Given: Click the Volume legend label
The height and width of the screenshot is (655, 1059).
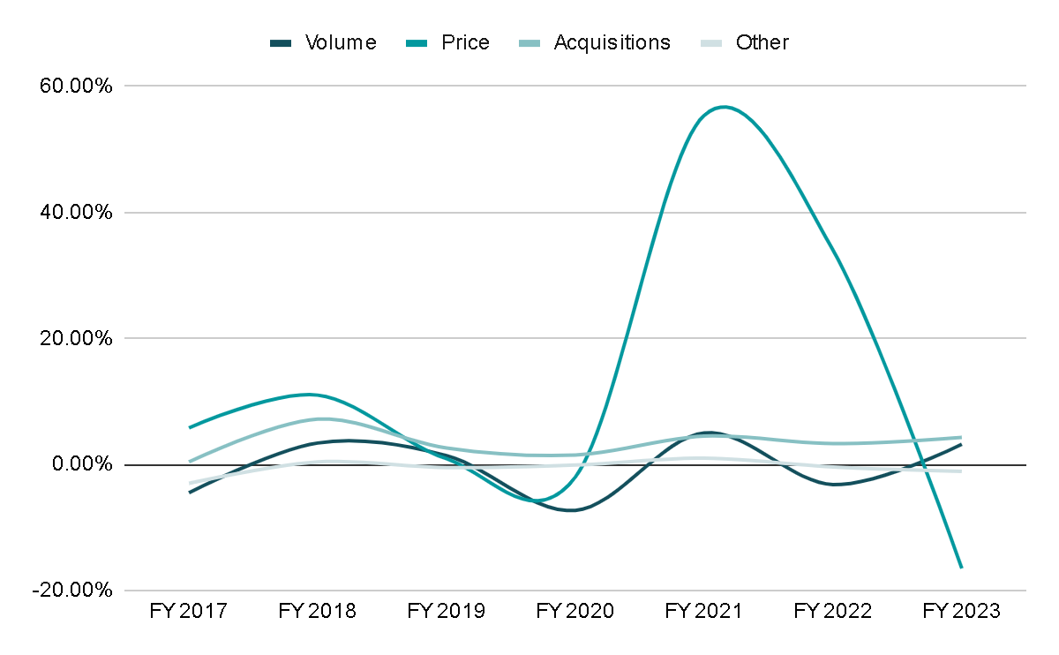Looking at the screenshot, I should [341, 42].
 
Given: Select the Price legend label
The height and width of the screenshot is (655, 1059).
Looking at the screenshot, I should [465, 42].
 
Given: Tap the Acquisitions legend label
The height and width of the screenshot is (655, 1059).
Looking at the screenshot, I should [612, 42].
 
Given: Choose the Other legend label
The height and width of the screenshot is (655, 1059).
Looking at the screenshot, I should [762, 42].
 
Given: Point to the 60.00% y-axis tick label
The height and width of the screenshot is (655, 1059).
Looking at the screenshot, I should [75, 87].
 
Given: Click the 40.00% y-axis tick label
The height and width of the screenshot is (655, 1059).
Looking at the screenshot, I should [75, 213].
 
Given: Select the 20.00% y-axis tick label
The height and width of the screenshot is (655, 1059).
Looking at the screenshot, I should [75, 339].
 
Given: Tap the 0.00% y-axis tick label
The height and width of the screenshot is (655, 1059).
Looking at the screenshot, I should [80, 464].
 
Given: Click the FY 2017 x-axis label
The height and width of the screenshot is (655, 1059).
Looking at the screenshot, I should [189, 612].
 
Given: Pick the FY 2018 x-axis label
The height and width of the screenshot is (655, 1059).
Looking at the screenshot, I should [318, 612].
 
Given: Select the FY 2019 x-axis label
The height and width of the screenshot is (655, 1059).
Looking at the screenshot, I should [447, 612].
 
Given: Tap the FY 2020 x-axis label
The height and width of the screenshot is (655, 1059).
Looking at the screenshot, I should [575, 612].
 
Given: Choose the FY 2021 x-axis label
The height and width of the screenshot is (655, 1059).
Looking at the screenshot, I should [704, 612].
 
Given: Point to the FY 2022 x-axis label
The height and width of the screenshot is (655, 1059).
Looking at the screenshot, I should [833, 612].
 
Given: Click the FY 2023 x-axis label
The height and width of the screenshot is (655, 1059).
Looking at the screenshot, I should [961, 612].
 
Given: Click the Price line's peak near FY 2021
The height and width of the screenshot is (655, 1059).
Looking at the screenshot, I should [724, 107].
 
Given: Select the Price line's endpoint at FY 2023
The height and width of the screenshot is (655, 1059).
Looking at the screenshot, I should [961, 567].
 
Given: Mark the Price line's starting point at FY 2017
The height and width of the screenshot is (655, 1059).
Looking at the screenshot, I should [190, 427].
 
